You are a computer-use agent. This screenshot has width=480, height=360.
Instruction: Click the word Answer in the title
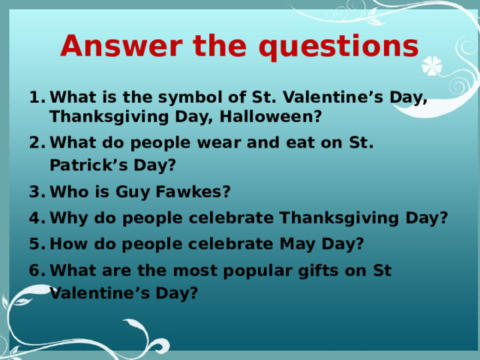point(121,46)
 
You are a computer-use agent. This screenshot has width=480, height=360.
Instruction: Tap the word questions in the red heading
point(338,47)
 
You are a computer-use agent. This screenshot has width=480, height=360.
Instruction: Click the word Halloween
point(270,116)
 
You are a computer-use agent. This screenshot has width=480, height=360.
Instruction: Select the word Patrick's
point(88,165)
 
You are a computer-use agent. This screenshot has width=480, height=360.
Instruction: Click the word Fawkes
point(193,192)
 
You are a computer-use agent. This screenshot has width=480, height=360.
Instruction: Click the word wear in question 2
point(219,143)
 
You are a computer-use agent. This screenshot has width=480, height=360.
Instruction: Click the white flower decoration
point(432,66)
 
